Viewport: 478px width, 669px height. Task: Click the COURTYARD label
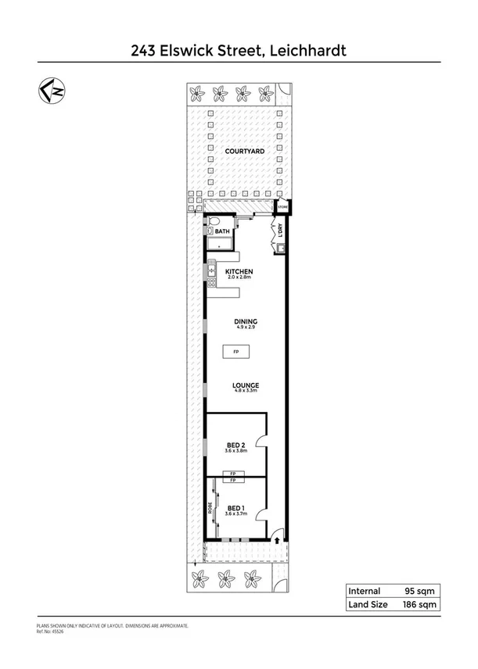[x=243, y=152]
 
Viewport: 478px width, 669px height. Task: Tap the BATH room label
[x=223, y=232]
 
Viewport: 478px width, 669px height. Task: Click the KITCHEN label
[x=239, y=271]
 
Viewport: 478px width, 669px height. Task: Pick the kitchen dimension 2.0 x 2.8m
[x=239, y=277]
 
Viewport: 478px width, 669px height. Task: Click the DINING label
[x=245, y=321]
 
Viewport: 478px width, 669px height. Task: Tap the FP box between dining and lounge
[x=236, y=352]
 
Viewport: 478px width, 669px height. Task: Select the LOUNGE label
[x=245, y=385]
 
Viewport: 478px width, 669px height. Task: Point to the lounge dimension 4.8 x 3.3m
[x=245, y=392]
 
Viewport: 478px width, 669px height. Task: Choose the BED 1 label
[x=235, y=507]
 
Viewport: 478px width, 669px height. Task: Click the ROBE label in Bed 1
[x=210, y=507]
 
